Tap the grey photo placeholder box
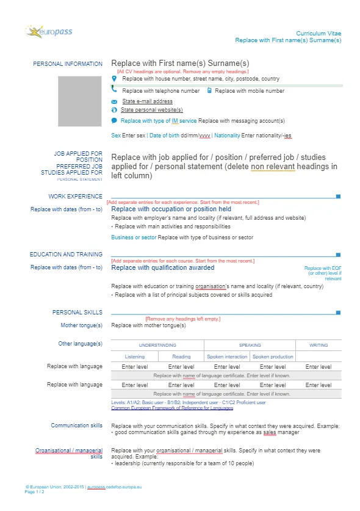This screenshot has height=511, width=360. click(80, 101)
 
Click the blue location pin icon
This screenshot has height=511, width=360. click(114, 79)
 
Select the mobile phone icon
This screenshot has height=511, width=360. click(209, 90)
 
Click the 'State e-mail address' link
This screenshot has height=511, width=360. click(147, 101)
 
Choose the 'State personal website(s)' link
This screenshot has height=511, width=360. click(151, 110)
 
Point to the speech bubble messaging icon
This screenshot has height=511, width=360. click(114, 121)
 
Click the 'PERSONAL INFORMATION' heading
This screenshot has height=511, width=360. click(68, 64)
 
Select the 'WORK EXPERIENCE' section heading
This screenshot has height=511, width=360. click(76, 197)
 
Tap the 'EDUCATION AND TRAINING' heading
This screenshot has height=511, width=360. click(66, 255)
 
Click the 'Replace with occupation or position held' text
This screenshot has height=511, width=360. click(171, 209)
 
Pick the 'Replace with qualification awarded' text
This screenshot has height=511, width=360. click(163, 267)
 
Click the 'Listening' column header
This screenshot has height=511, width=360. click(134, 357)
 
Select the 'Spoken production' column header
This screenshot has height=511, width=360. click(273, 357)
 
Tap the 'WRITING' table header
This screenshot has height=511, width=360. click(319, 345)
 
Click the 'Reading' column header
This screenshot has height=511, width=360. click(181, 357)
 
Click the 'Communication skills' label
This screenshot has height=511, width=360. click(76, 426)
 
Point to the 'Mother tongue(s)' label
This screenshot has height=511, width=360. click(81, 326)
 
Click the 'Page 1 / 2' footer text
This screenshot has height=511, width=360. click(34, 492)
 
